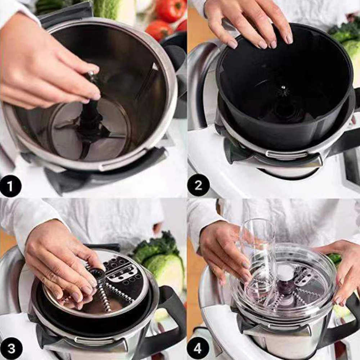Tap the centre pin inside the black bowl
(284, 88)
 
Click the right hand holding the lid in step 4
(342, 274)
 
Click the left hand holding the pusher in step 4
(223, 252)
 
